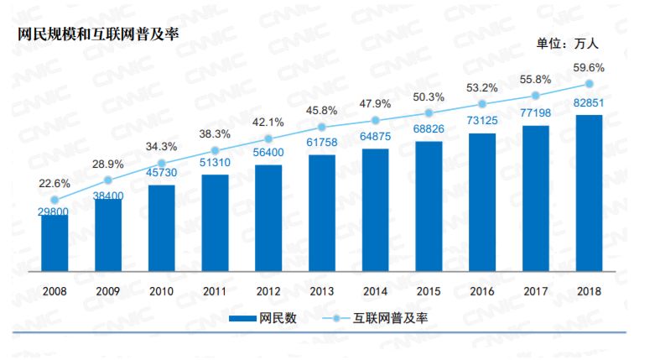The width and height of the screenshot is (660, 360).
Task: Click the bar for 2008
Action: point(55,243)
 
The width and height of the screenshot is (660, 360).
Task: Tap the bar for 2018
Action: point(590,193)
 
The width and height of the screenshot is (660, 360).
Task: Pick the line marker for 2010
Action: point(162,164)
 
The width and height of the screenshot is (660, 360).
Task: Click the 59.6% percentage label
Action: point(590,66)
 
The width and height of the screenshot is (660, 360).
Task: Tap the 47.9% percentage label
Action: point(376,104)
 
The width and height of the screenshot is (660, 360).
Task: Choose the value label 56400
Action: point(268,154)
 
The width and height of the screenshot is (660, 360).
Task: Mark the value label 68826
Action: point(429,131)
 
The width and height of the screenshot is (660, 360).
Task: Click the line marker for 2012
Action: point(268,138)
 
